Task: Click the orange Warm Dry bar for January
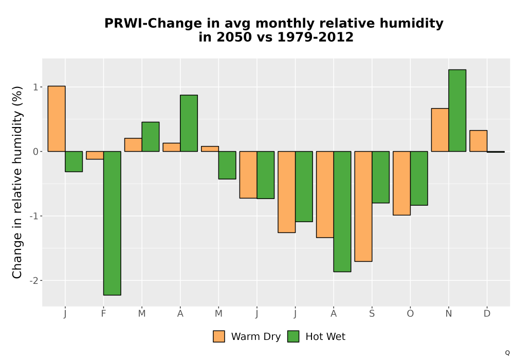57,119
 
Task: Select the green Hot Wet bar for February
112,223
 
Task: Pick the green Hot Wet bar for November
457,111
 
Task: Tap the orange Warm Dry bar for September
363,207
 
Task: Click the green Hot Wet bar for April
189,123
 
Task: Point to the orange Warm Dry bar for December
478,141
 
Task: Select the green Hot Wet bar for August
342,211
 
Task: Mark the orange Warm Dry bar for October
402,183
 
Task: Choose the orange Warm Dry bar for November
440,130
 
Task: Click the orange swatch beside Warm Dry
219,336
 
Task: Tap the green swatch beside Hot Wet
293,336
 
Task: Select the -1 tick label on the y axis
34,216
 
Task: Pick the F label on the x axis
104,314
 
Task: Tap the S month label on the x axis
372,314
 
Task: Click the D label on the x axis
487,314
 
